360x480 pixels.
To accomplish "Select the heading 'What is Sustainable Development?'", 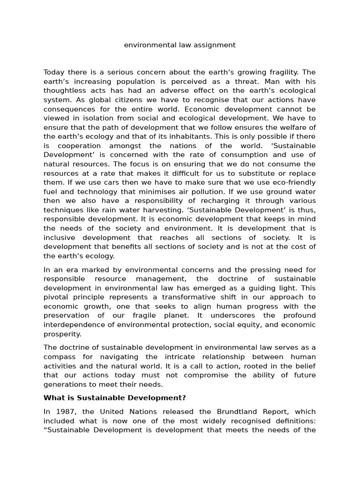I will tap(114, 398).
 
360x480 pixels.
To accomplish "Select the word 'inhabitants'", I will tap(193, 136).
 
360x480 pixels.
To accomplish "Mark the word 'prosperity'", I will tap(62, 334).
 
